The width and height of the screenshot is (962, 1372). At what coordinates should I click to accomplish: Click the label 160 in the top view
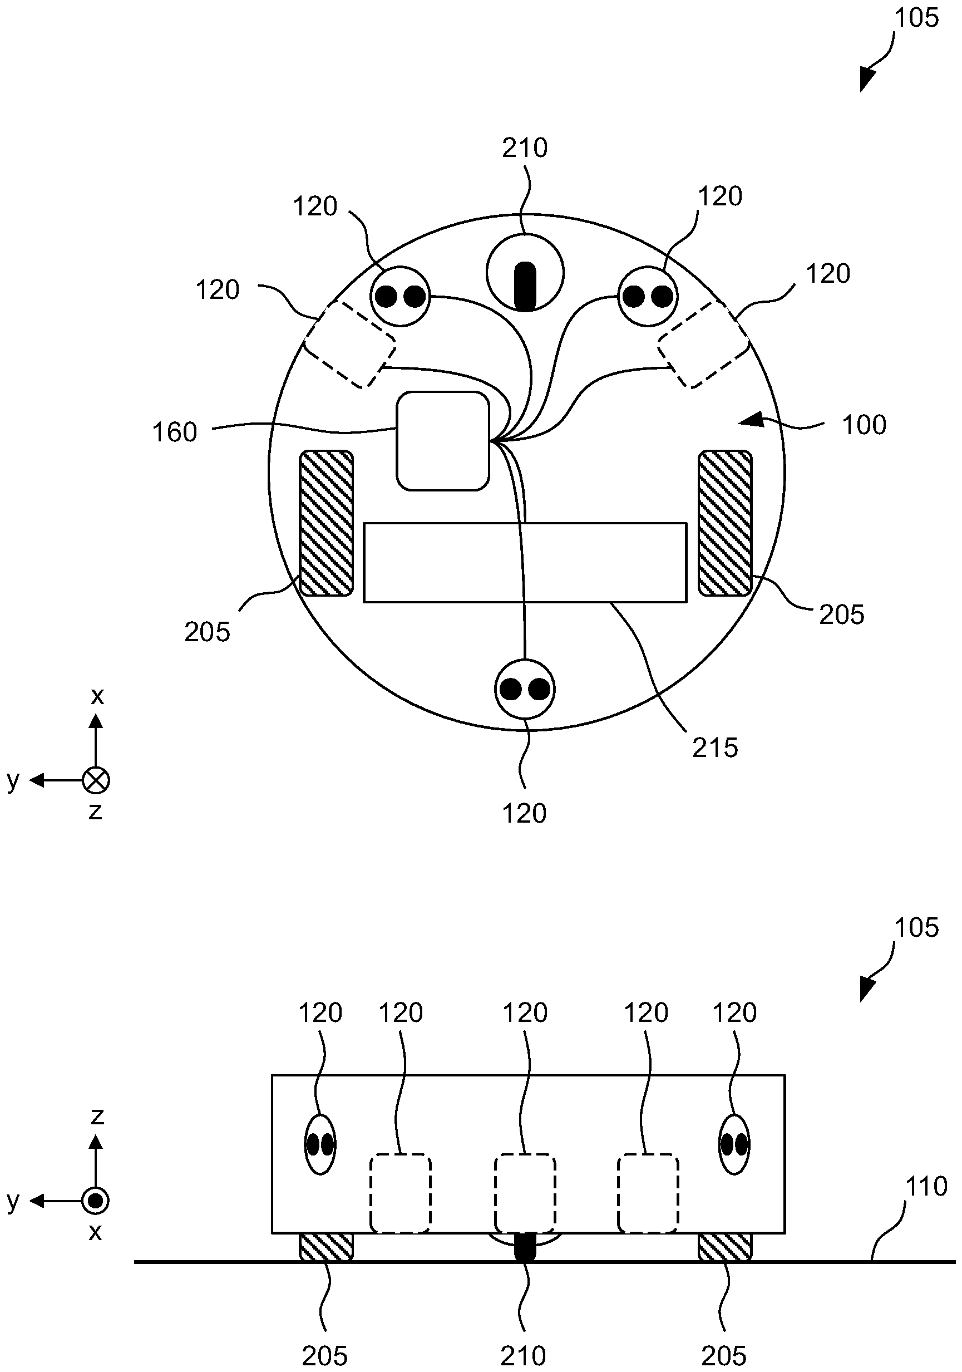tap(175, 432)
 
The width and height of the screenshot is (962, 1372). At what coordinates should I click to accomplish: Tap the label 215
tap(715, 748)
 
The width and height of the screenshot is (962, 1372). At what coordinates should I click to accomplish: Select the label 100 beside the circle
tap(864, 425)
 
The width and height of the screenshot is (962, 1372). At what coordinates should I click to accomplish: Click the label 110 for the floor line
tap(927, 1186)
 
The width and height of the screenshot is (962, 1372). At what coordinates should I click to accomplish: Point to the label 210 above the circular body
tap(525, 148)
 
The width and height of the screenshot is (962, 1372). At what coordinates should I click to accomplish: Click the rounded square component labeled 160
tap(443, 441)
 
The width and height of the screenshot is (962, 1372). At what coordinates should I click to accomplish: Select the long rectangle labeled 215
tap(525, 562)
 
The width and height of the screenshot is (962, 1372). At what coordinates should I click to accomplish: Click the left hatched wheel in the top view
tap(325, 523)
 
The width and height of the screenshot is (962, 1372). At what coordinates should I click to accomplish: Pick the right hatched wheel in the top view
tap(725, 523)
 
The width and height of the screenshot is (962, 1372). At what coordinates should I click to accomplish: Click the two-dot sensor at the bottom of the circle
tap(525, 689)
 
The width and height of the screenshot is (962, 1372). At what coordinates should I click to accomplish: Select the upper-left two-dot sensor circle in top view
tap(401, 296)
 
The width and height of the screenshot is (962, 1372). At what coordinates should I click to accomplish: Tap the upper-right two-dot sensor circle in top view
tap(648, 296)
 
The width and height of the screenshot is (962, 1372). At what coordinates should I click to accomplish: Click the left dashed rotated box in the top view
tap(350, 344)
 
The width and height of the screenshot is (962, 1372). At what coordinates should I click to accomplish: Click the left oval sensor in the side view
tap(320, 1145)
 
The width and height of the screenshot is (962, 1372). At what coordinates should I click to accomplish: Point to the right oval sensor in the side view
tap(734, 1145)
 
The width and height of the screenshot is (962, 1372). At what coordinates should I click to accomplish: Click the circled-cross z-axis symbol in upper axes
tap(96, 780)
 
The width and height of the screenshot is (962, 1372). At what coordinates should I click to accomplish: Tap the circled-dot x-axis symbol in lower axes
tap(96, 1201)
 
